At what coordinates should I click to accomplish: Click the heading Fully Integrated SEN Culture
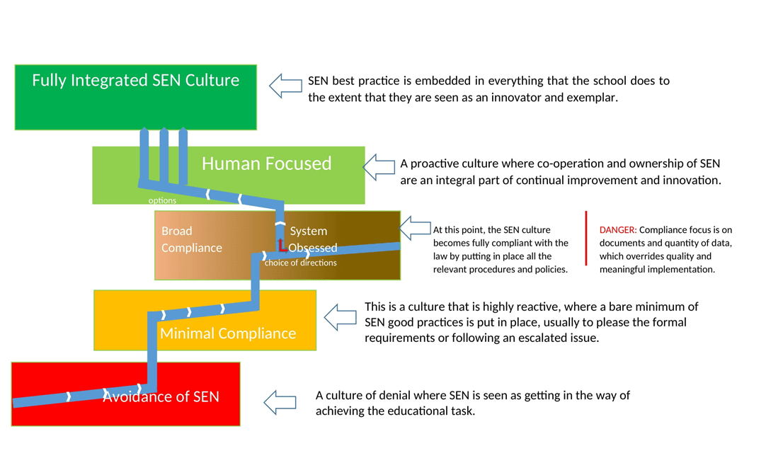click(x=135, y=80)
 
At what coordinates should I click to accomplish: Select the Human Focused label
click(x=266, y=164)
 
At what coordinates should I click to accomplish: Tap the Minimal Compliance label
click(x=227, y=333)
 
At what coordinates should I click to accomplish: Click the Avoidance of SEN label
click(x=161, y=396)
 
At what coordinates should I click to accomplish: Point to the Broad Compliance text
click(x=191, y=239)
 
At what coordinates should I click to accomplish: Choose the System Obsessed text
click(x=312, y=239)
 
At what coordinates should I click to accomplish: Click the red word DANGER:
click(x=618, y=230)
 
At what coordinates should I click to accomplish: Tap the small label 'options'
click(x=162, y=200)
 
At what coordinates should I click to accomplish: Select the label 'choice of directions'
click(x=300, y=263)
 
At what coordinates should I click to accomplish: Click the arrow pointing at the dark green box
click(x=285, y=86)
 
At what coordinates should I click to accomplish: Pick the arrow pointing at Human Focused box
click(x=379, y=167)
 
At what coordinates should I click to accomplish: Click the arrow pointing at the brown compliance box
click(x=416, y=229)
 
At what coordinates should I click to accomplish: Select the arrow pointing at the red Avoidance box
click(x=280, y=402)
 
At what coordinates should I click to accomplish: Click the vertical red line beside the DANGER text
click(x=587, y=238)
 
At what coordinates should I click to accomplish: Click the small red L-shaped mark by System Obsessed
click(x=282, y=246)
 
